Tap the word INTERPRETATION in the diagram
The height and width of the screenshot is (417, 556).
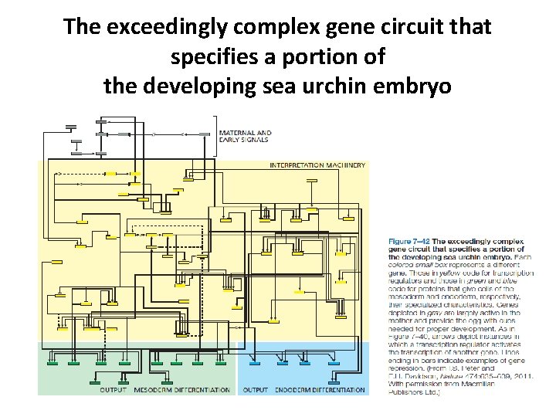[298, 165]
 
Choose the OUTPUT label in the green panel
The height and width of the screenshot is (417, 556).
[114, 390]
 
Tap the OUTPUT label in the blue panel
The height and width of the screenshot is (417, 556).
[256, 390]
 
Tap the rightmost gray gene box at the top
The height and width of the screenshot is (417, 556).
[205, 134]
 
